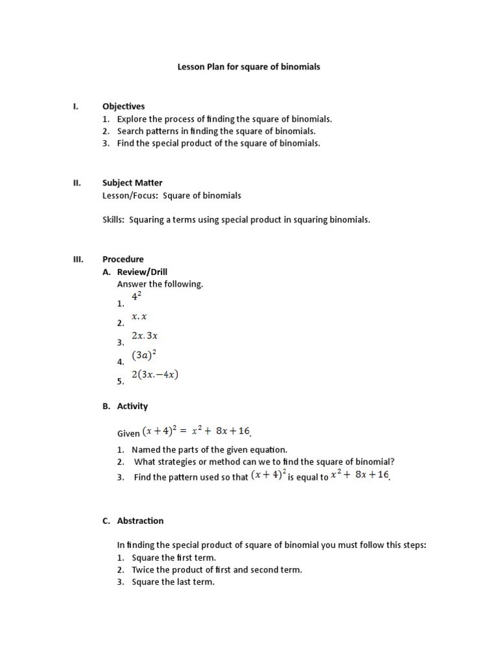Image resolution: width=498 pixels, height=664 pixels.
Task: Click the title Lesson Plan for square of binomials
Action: coord(249,67)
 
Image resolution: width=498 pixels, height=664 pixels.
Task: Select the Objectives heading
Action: coord(123,106)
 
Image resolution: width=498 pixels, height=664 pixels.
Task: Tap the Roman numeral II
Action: coord(76,183)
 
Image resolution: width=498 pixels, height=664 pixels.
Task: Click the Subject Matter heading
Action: coord(132,183)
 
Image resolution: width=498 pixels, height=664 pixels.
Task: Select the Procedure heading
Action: coord(123,259)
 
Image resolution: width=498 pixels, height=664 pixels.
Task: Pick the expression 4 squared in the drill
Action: coord(137,297)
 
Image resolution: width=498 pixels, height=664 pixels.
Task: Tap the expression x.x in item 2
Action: coord(139,317)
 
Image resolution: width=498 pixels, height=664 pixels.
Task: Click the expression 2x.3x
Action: coord(145,336)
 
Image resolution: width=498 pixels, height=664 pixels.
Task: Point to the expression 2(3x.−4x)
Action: coord(154,375)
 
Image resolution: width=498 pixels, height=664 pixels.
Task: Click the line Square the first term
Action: coord(174,558)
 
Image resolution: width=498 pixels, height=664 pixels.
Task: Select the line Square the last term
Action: coord(173,582)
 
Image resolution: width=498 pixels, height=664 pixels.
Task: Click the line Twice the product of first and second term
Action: coord(217,570)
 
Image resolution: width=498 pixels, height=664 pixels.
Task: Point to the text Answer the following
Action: coord(160,284)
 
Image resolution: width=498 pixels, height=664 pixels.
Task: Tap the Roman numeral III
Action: coord(77,259)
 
